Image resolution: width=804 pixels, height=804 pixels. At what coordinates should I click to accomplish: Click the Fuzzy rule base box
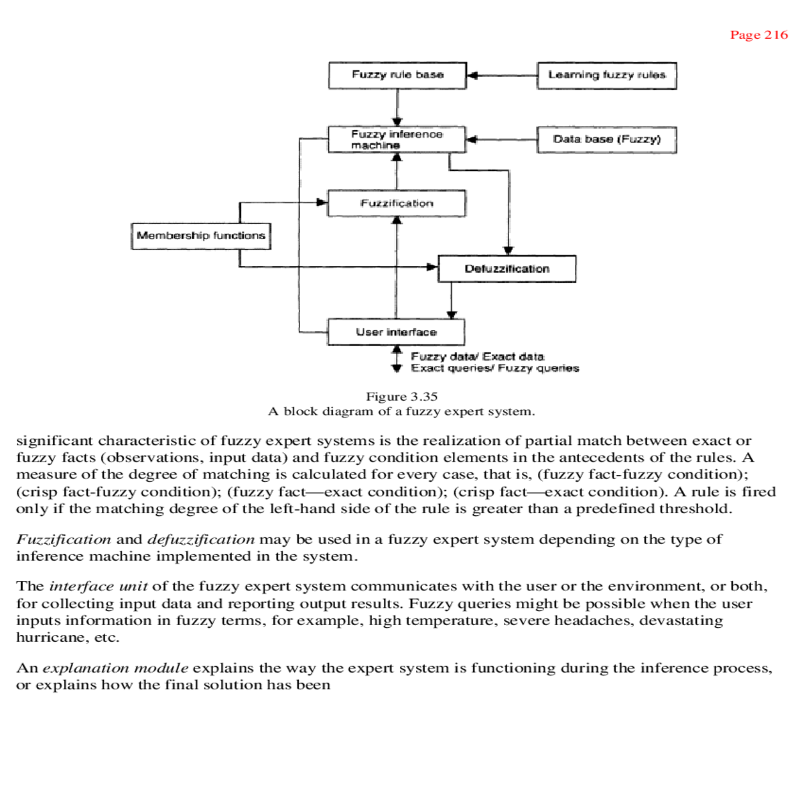pos(397,75)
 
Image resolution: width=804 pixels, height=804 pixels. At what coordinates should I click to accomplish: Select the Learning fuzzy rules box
pos(606,75)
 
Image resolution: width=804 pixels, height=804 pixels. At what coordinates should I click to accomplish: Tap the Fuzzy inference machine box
pos(397,139)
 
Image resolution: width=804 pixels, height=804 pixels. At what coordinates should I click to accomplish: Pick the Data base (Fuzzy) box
pos(606,139)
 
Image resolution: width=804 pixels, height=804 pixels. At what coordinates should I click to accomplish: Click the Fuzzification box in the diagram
pos(397,203)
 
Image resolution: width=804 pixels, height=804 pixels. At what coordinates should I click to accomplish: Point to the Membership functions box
pos(201,236)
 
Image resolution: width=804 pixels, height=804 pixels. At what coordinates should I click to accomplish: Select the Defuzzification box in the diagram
pos(507,269)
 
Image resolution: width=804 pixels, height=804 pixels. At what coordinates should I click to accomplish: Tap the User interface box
pos(396,332)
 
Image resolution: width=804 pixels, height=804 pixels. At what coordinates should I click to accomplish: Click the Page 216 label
pos(758,35)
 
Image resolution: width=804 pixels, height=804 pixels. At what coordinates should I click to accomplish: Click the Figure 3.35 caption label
pos(401,396)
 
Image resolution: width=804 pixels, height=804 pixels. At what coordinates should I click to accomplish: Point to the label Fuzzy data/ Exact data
pos(477,356)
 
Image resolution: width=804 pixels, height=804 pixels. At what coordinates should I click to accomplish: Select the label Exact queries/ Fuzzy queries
pos(494,368)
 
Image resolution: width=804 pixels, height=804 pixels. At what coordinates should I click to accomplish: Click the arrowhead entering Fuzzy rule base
pos(472,75)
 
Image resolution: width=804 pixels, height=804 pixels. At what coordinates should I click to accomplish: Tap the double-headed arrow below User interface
pos(397,358)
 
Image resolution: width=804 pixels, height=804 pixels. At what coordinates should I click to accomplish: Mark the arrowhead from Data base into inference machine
pos(472,139)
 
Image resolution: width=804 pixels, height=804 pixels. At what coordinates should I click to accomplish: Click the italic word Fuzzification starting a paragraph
pos(64,539)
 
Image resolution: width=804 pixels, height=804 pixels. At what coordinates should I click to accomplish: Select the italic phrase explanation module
pos(115,668)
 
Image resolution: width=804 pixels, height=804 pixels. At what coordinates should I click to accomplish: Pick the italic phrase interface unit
pos(98,586)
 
